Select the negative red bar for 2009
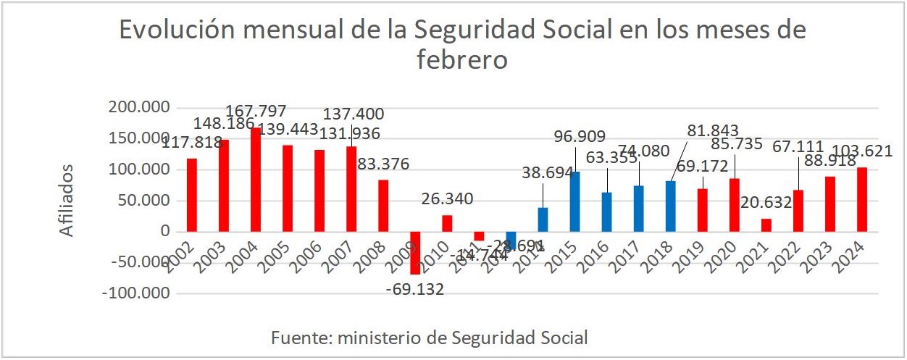coord(415,253)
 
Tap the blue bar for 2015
coord(574,202)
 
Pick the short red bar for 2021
coord(766,225)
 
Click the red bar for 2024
coord(861,200)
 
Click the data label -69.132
coord(415,290)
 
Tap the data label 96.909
coord(579,135)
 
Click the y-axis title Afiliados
coord(67,201)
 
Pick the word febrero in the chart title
coord(462,59)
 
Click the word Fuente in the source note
coord(296,338)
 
